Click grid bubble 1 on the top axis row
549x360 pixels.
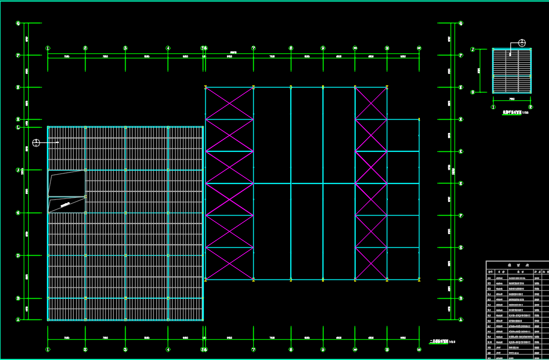(x=48, y=48)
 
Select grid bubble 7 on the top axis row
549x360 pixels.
(x=254, y=48)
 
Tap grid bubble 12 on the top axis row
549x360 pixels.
(x=419, y=48)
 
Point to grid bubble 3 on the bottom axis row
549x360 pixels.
(x=126, y=349)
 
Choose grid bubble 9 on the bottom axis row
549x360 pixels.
(x=323, y=349)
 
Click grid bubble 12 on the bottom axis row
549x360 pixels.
(x=419, y=349)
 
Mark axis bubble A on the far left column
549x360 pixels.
(x=18, y=319)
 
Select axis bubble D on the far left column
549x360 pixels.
(x=18, y=256)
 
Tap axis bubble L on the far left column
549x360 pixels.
(x=18, y=128)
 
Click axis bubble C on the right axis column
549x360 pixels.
(x=461, y=279)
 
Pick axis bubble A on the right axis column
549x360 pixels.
(x=461, y=319)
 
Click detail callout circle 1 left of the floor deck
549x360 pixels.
(x=36, y=143)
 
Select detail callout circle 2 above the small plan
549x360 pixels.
(x=522, y=43)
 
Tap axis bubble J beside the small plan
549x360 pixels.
(x=473, y=49)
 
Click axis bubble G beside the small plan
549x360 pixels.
(x=473, y=92)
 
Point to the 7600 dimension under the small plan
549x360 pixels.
(x=512, y=99)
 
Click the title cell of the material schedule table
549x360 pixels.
(x=517, y=266)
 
